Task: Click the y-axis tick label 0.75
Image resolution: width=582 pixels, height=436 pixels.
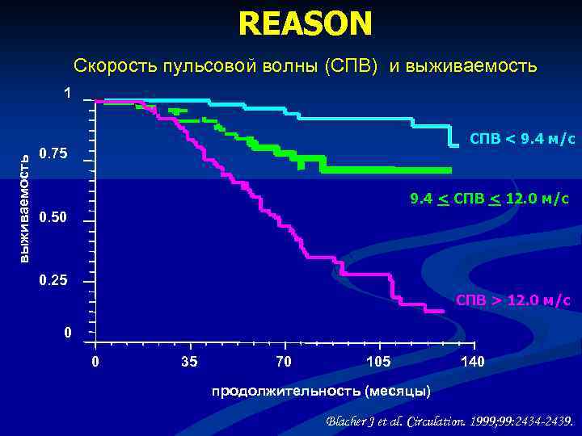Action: click(x=53, y=154)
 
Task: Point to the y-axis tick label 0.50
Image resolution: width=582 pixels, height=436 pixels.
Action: click(x=53, y=218)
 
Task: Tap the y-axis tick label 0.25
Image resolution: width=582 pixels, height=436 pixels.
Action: click(x=53, y=281)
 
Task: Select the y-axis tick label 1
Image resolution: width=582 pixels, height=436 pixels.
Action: click(x=68, y=94)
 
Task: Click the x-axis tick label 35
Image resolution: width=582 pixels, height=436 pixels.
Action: click(x=189, y=361)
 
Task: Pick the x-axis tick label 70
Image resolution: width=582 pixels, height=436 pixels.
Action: click(x=284, y=361)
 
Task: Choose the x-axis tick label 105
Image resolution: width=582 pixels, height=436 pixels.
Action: click(x=378, y=361)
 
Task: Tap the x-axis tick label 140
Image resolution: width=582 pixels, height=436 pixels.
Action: click(x=473, y=361)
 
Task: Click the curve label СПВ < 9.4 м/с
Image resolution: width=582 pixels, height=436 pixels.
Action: click(x=522, y=139)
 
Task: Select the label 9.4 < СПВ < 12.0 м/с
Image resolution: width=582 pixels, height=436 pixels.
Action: click(x=489, y=199)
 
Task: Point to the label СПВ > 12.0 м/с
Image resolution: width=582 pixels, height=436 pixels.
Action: click(x=512, y=300)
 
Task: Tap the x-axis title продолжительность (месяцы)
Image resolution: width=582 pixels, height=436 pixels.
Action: click(x=321, y=392)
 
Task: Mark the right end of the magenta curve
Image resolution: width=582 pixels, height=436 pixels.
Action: click(x=445, y=312)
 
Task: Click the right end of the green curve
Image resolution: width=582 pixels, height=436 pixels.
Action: click(x=450, y=170)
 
